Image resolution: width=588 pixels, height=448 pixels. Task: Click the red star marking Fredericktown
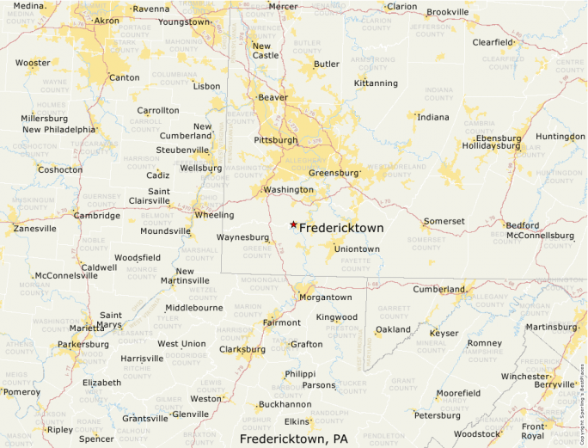(x=293, y=224)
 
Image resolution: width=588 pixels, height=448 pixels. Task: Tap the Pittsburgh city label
(x=275, y=139)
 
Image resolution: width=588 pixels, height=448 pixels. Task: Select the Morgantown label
(x=325, y=297)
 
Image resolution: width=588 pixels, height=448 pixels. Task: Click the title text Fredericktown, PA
(x=293, y=439)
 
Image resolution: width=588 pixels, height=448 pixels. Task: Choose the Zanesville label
(x=34, y=229)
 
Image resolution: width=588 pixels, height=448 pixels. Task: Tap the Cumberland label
(x=439, y=290)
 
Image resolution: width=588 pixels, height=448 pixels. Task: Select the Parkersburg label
(x=83, y=345)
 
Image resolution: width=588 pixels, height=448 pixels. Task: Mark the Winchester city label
(x=524, y=377)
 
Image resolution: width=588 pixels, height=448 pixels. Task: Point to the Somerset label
(x=444, y=221)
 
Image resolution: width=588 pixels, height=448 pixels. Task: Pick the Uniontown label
(x=357, y=249)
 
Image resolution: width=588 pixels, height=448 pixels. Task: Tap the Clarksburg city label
(x=242, y=349)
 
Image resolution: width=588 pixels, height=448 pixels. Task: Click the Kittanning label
(x=376, y=83)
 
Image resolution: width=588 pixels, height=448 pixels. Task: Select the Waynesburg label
(x=242, y=236)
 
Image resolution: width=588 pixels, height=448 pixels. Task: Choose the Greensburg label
(x=333, y=173)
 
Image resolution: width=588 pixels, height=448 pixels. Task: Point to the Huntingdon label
(x=560, y=137)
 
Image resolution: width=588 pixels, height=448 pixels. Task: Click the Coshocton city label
(x=60, y=169)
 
